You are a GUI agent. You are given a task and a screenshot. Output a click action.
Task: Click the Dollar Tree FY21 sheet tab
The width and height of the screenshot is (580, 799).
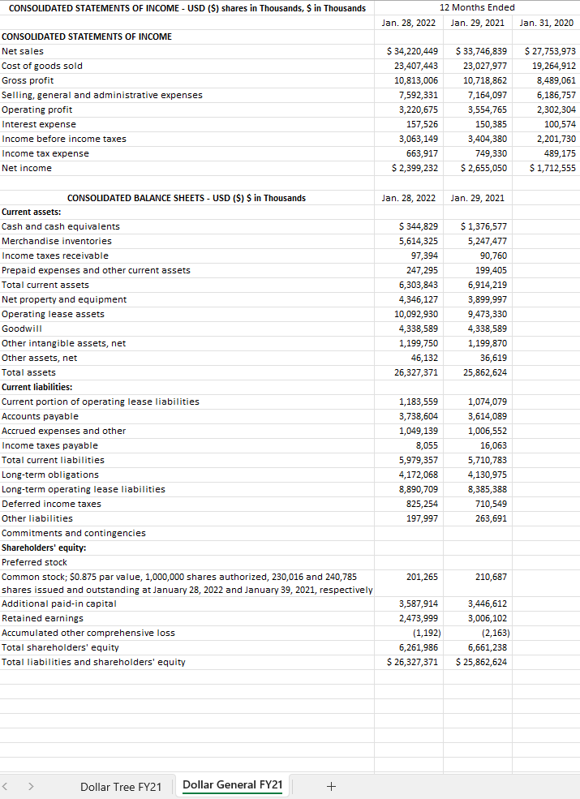pyautogui.click(x=121, y=786)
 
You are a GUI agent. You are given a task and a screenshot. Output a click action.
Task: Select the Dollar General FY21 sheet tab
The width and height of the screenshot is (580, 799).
pyautogui.click(x=232, y=784)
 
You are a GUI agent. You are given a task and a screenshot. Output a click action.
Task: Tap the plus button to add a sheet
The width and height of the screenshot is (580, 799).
pyautogui.click(x=330, y=786)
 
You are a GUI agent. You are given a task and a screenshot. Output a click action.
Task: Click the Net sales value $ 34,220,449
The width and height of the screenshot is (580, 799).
pyautogui.click(x=415, y=51)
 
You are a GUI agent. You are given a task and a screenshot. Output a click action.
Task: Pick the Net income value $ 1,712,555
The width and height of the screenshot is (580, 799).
pyautogui.click(x=552, y=168)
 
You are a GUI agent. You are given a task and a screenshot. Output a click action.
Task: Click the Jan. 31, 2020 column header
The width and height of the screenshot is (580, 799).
pyautogui.click(x=547, y=23)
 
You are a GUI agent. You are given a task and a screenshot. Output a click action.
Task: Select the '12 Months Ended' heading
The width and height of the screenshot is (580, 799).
pyautogui.click(x=477, y=7)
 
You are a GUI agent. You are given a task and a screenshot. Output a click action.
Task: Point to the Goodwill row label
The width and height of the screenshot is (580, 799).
pyautogui.click(x=22, y=329)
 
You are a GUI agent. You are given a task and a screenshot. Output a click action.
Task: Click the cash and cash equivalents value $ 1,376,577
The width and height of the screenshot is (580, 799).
pyautogui.click(x=483, y=226)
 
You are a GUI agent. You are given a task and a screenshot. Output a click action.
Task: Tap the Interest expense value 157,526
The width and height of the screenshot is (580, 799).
pyautogui.click(x=422, y=124)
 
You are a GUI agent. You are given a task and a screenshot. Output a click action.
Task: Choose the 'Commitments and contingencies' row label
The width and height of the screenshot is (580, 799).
pyautogui.click(x=74, y=533)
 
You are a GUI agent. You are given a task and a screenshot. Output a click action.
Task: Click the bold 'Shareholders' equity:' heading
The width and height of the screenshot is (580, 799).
pyautogui.click(x=44, y=548)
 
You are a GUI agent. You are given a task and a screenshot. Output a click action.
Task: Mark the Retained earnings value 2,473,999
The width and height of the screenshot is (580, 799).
pyautogui.click(x=419, y=618)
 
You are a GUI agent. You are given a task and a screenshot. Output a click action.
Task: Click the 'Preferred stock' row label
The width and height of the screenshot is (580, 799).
pyautogui.click(x=34, y=562)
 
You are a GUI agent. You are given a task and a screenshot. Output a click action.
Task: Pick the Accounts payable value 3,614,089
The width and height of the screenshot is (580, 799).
pyautogui.click(x=488, y=416)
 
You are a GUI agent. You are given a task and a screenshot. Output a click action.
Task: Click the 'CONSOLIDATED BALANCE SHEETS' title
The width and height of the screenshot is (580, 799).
pyautogui.click(x=186, y=198)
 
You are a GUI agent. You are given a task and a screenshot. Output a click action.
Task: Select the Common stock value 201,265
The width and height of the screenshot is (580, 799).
pyautogui.click(x=422, y=577)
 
